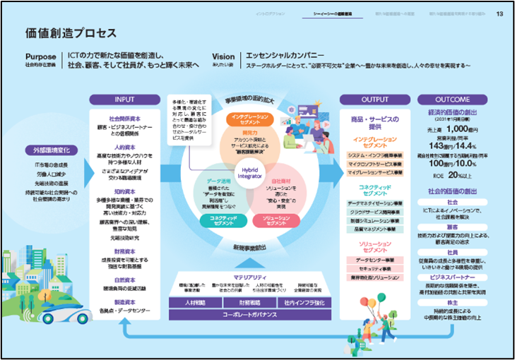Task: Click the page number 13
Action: pyautogui.click(x=499, y=13)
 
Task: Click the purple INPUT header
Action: pyautogui.click(x=127, y=100)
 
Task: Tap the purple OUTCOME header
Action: pyautogui.click(x=452, y=100)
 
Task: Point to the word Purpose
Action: pyautogui.click(x=40, y=56)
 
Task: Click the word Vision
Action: pyautogui.click(x=223, y=56)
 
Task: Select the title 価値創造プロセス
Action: pyautogui.click(x=70, y=32)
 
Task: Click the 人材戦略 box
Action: pyautogui.click(x=194, y=304)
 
